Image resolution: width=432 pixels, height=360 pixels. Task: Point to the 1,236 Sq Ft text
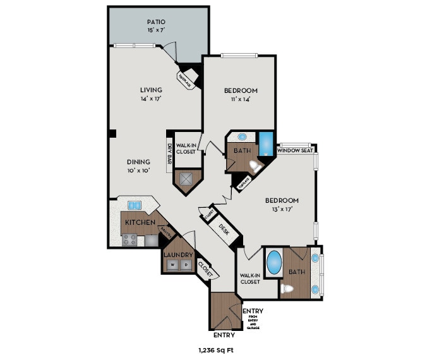(216, 349)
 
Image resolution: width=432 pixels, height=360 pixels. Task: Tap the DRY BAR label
(170, 152)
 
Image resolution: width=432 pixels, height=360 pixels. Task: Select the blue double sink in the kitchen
(135, 205)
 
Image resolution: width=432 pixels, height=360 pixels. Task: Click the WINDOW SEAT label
(296, 150)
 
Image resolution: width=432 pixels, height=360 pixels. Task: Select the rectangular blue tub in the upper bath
(266, 143)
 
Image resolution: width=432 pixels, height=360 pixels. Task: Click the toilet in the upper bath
(255, 167)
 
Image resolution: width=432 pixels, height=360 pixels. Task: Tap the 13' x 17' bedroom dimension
(282, 208)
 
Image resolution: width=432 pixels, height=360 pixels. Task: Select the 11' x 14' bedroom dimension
(241, 99)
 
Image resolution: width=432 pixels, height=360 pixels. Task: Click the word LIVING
(151, 90)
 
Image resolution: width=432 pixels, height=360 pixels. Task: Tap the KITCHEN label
(140, 223)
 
